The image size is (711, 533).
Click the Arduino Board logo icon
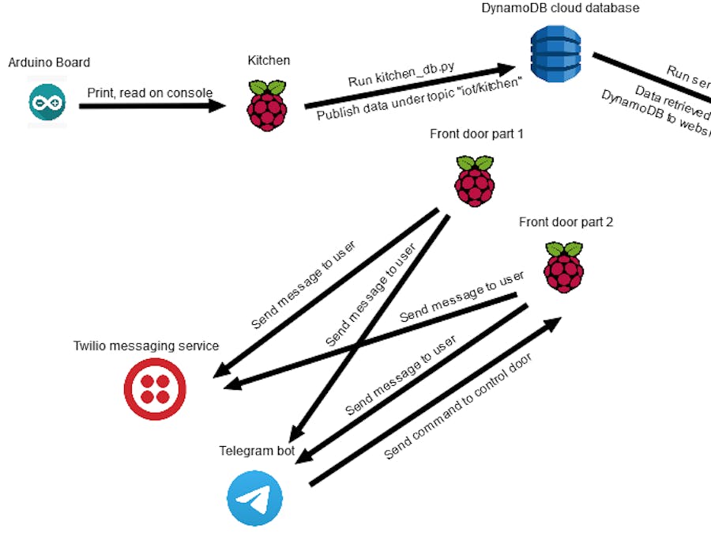tap(47, 103)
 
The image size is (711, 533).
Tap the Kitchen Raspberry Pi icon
tap(267, 104)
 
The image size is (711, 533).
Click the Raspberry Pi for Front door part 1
tap(475, 180)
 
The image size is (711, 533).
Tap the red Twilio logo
tap(156, 387)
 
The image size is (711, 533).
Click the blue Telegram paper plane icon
tap(254, 499)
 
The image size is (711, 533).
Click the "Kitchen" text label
tap(268, 60)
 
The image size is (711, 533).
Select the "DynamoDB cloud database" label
tap(560, 8)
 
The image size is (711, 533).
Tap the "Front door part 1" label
tap(476, 134)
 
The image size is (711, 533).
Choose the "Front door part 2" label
tap(566, 222)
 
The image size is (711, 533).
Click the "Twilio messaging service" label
tap(146, 346)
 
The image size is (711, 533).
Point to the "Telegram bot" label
tap(257, 452)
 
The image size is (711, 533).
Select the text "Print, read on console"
tap(149, 93)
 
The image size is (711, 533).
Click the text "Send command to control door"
tap(458, 407)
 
